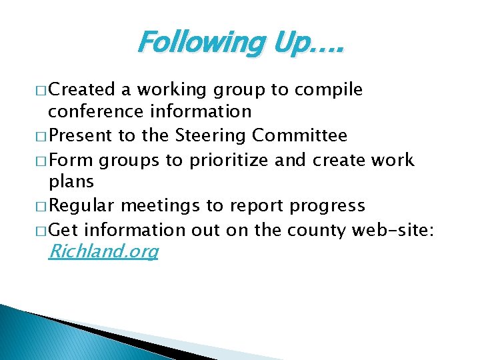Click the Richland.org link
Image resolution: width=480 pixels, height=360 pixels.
point(103,251)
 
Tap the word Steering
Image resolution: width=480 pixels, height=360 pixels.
point(211,136)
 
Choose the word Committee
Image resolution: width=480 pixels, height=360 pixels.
point(300,136)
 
